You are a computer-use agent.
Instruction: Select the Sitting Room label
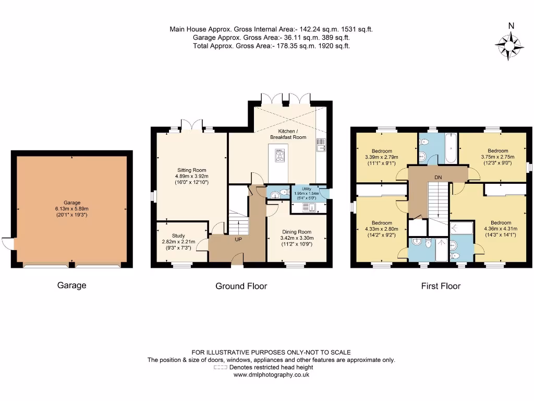point(191,170)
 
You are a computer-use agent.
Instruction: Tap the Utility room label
point(307,189)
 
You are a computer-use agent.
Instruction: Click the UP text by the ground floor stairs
point(238,240)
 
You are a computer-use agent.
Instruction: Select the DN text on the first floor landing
point(438,178)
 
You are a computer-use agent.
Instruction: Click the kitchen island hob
point(280,156)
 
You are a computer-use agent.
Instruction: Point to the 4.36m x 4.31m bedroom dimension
point(501,228)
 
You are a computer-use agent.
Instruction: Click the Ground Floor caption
point(241,286)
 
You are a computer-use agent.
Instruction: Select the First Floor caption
point(441,286)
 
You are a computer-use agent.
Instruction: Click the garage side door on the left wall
point(7,243)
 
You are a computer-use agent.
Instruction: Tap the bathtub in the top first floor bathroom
point(450,149)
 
